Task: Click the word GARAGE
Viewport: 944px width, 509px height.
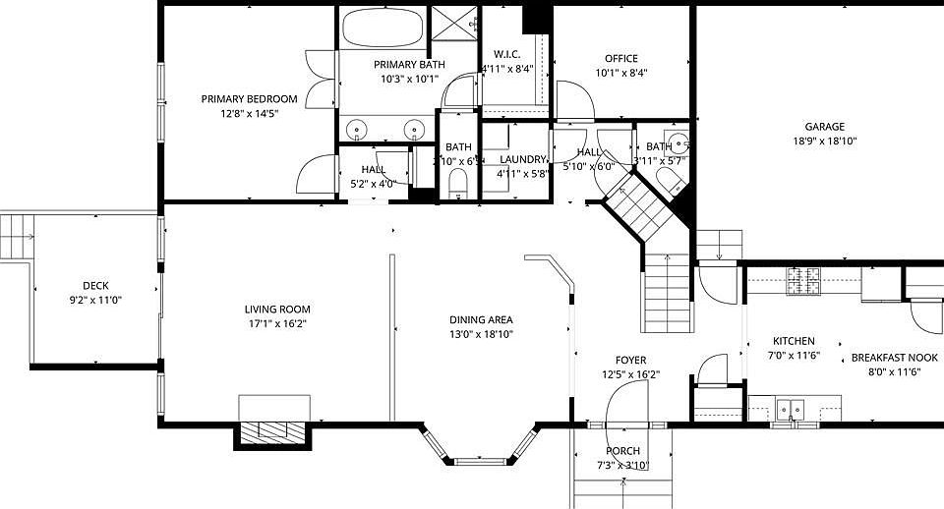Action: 824,127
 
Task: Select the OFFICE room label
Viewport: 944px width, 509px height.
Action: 621,59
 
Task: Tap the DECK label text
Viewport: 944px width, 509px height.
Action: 95,286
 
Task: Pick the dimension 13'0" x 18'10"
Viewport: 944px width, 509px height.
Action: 481,334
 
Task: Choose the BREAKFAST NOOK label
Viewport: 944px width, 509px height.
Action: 894,359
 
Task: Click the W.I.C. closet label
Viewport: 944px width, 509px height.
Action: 506,54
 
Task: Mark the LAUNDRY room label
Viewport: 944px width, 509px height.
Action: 522,159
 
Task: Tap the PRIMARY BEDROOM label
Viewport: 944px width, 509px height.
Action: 249,99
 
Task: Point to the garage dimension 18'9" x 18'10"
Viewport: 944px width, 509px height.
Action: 824,141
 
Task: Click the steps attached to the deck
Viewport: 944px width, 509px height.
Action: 17,237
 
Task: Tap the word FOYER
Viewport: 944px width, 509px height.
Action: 630,361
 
